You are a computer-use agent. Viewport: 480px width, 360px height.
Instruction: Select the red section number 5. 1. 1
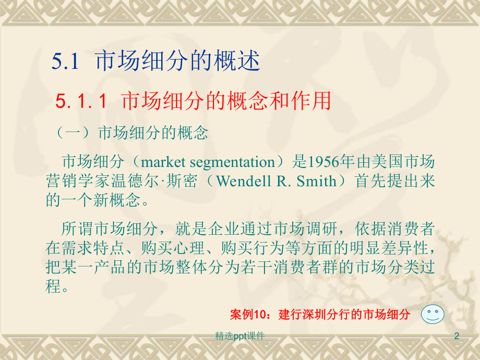(81, 101)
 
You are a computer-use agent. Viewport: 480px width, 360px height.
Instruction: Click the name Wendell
(241, 181)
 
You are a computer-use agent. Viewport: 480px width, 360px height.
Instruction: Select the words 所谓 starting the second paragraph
(76, 229)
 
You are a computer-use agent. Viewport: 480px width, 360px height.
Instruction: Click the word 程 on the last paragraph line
(54, 286)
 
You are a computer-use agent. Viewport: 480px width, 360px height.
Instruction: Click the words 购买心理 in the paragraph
(185, 248)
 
